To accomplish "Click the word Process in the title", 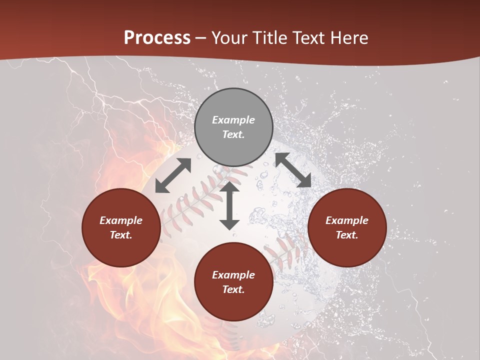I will click(157, 38).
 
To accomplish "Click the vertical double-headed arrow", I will click(229, 205).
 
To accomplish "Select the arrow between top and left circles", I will click(173, 175).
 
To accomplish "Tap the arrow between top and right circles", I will click(293, 170).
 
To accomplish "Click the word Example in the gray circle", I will click(233, 120).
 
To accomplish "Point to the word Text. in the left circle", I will click(121, 235).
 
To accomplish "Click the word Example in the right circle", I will click(347, 220).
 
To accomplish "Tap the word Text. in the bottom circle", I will click(233, 289).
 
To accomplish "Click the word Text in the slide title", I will click(309, 38).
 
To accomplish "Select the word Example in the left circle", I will click(121, 220).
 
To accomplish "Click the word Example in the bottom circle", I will click(233, 275).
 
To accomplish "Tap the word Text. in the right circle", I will click(347, 235).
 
